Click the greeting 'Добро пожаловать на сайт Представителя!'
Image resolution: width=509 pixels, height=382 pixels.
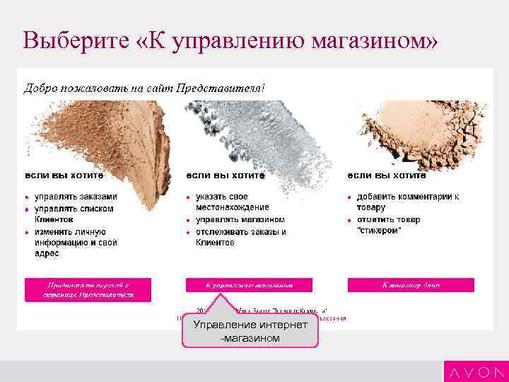145,88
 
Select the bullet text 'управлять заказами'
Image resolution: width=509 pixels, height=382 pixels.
76,197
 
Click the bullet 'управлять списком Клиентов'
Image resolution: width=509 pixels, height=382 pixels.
74,214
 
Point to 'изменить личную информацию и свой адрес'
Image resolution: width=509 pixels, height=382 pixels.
76,243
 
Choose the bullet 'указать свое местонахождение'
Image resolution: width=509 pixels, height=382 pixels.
232,202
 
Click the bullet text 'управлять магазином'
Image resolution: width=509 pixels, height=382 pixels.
240,220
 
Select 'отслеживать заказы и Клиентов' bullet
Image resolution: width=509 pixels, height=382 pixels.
240,237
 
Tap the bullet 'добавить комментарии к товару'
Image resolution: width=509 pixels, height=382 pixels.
407,202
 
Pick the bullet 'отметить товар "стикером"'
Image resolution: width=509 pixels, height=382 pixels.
388,225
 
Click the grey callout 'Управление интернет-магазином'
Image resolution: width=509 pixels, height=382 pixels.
250,331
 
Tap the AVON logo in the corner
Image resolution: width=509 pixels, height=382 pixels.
475,371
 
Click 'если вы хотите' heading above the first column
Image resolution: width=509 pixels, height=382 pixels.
64,175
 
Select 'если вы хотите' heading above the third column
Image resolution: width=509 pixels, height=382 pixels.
386,175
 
